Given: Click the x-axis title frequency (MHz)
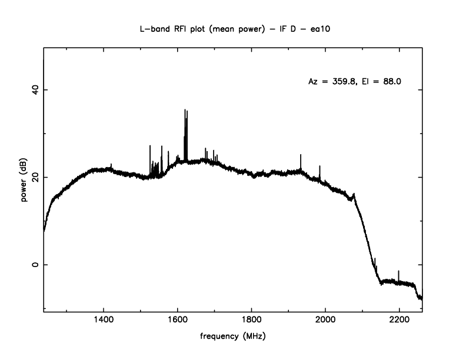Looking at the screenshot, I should tap(233, 337).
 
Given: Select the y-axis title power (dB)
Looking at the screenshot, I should tap(25, 182).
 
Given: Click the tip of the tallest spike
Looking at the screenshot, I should tap(185, 109).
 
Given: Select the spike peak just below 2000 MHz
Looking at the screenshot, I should tap(320, 166).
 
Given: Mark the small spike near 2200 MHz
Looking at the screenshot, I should tap(399, 271).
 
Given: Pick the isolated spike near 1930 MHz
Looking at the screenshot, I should tap(301, 155).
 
